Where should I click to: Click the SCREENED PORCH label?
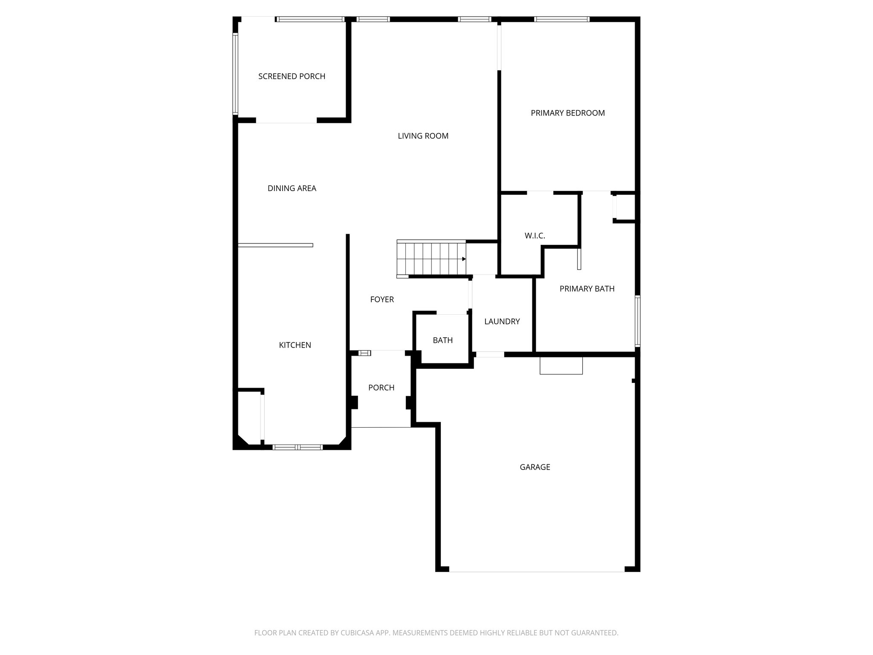click(x=292, y=76)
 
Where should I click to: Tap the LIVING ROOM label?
click(x=423, y=136)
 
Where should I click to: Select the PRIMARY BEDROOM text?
click(x=567, y=113)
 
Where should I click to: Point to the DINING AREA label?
click(x=292, y=188)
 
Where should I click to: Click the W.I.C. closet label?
click(x=535, y=236)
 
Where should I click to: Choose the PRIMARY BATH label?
click(x=587, y=289)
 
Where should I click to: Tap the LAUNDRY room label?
click(x=502, y=322)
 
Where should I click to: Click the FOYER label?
click(x=382, y=300)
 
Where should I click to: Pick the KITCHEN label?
click(x=295, y=345)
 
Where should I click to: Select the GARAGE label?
click(x=535, y=467)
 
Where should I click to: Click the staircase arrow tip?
click(x=464, y=259)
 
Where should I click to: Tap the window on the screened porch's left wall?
click(x=235, y=74)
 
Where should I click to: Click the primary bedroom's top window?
click(x=561, y=19)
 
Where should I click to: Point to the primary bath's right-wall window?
click(x=637, y=321)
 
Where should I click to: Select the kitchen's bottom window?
click(x=298, y=447)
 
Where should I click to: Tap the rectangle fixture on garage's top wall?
click(x=561, y=366)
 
